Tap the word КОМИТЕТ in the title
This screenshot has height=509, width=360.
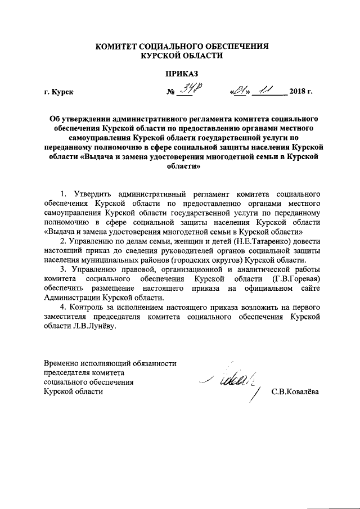(x=116, y=46)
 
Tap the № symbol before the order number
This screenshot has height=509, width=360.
(x=170, y=92)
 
